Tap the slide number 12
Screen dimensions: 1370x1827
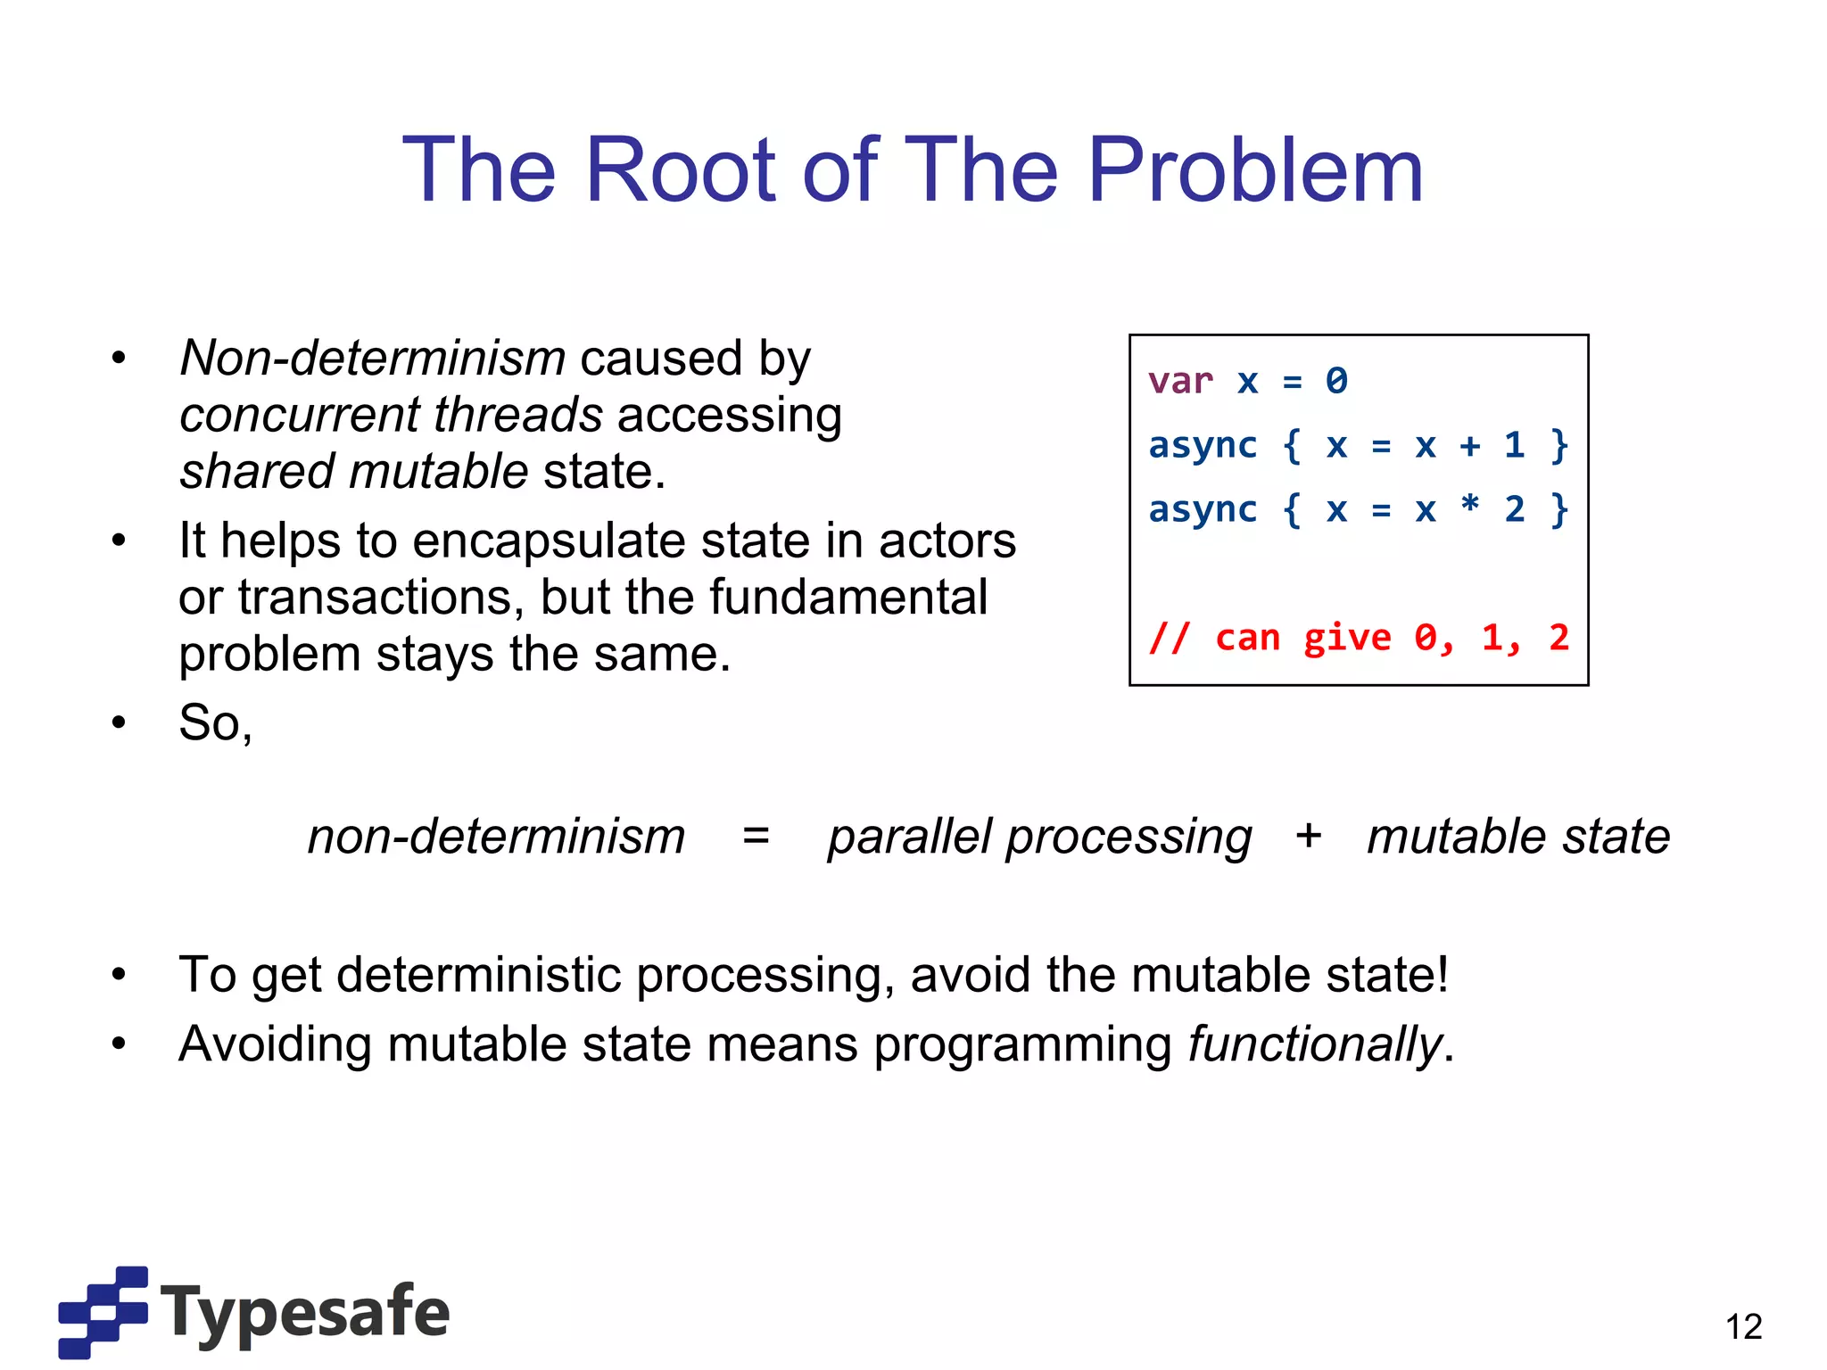pos(1743,1326)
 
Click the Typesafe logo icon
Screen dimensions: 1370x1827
pos(103,1311)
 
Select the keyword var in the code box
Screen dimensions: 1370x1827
pos(1180,382)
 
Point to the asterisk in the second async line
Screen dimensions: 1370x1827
pos(1469,506)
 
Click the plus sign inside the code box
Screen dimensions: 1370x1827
pos(1469,445)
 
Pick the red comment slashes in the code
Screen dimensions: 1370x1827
pos(1169,638)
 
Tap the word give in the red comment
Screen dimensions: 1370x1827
pos(1346,638)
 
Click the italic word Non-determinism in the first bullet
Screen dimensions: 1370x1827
pos(373,359)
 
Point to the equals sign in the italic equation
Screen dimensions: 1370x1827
pos(756,837)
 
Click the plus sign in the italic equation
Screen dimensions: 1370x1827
pos(1308,837)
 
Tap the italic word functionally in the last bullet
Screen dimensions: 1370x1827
pos(1315,1044)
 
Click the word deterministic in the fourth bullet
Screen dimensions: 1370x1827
pos(478,975)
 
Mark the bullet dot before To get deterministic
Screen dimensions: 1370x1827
pos(120,975)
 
